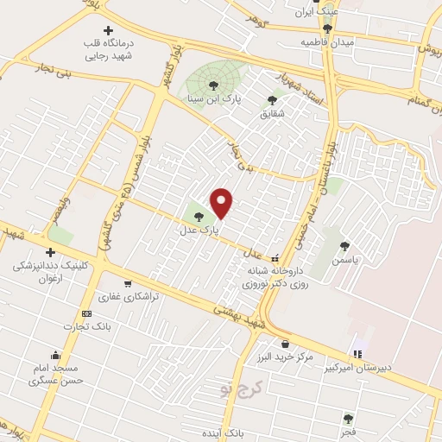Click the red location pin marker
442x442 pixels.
pyautogui.click(x=223, y=203)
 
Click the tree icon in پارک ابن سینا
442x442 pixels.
pyautogui.click(x=212, y=85)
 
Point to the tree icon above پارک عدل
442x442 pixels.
pyautogui.click(x=199, y=217)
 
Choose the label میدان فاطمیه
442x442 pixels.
pyautogui.click(x=324, y=41)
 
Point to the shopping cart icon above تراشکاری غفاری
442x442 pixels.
pyautogui.click(x=128, y=283)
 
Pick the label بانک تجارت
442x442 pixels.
pyautogui.click(x=84, y=326)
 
